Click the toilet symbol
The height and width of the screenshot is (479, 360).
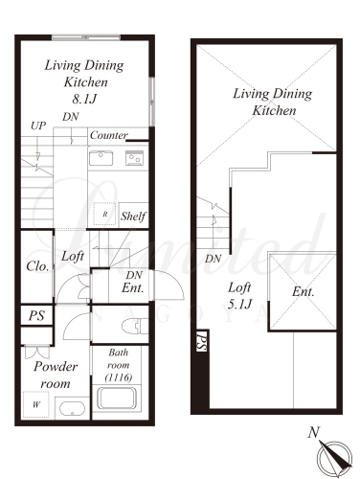click(135, 326)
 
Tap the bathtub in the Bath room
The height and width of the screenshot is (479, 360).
click(117, 398)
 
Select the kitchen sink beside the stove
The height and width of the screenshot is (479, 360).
click(101, 158)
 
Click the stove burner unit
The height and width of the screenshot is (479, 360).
click(134, 158)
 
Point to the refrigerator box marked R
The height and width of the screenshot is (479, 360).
click(104, 215)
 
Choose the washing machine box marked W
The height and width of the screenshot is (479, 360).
click(36, 404)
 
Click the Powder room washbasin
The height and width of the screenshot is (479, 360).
click(73, 408)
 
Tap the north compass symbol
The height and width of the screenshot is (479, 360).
click(334, 458)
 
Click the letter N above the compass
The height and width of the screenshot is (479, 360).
click(314, 433)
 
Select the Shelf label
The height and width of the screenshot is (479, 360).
click(133, 217)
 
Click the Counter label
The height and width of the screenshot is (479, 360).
click(108, 135)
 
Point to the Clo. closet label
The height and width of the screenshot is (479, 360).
click(37, 266)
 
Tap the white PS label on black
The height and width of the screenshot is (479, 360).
click(202, 342)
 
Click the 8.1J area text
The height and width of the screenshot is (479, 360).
click(84, 99)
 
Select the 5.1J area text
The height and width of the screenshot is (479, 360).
click(239, 304)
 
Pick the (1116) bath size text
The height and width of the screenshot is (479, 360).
click(118, 377)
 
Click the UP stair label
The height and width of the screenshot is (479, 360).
click(38, 125)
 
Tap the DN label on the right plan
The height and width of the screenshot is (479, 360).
click(213, 259)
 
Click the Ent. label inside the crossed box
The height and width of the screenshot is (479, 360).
click(303, 292)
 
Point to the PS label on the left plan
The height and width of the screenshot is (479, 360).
click(36, 316)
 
